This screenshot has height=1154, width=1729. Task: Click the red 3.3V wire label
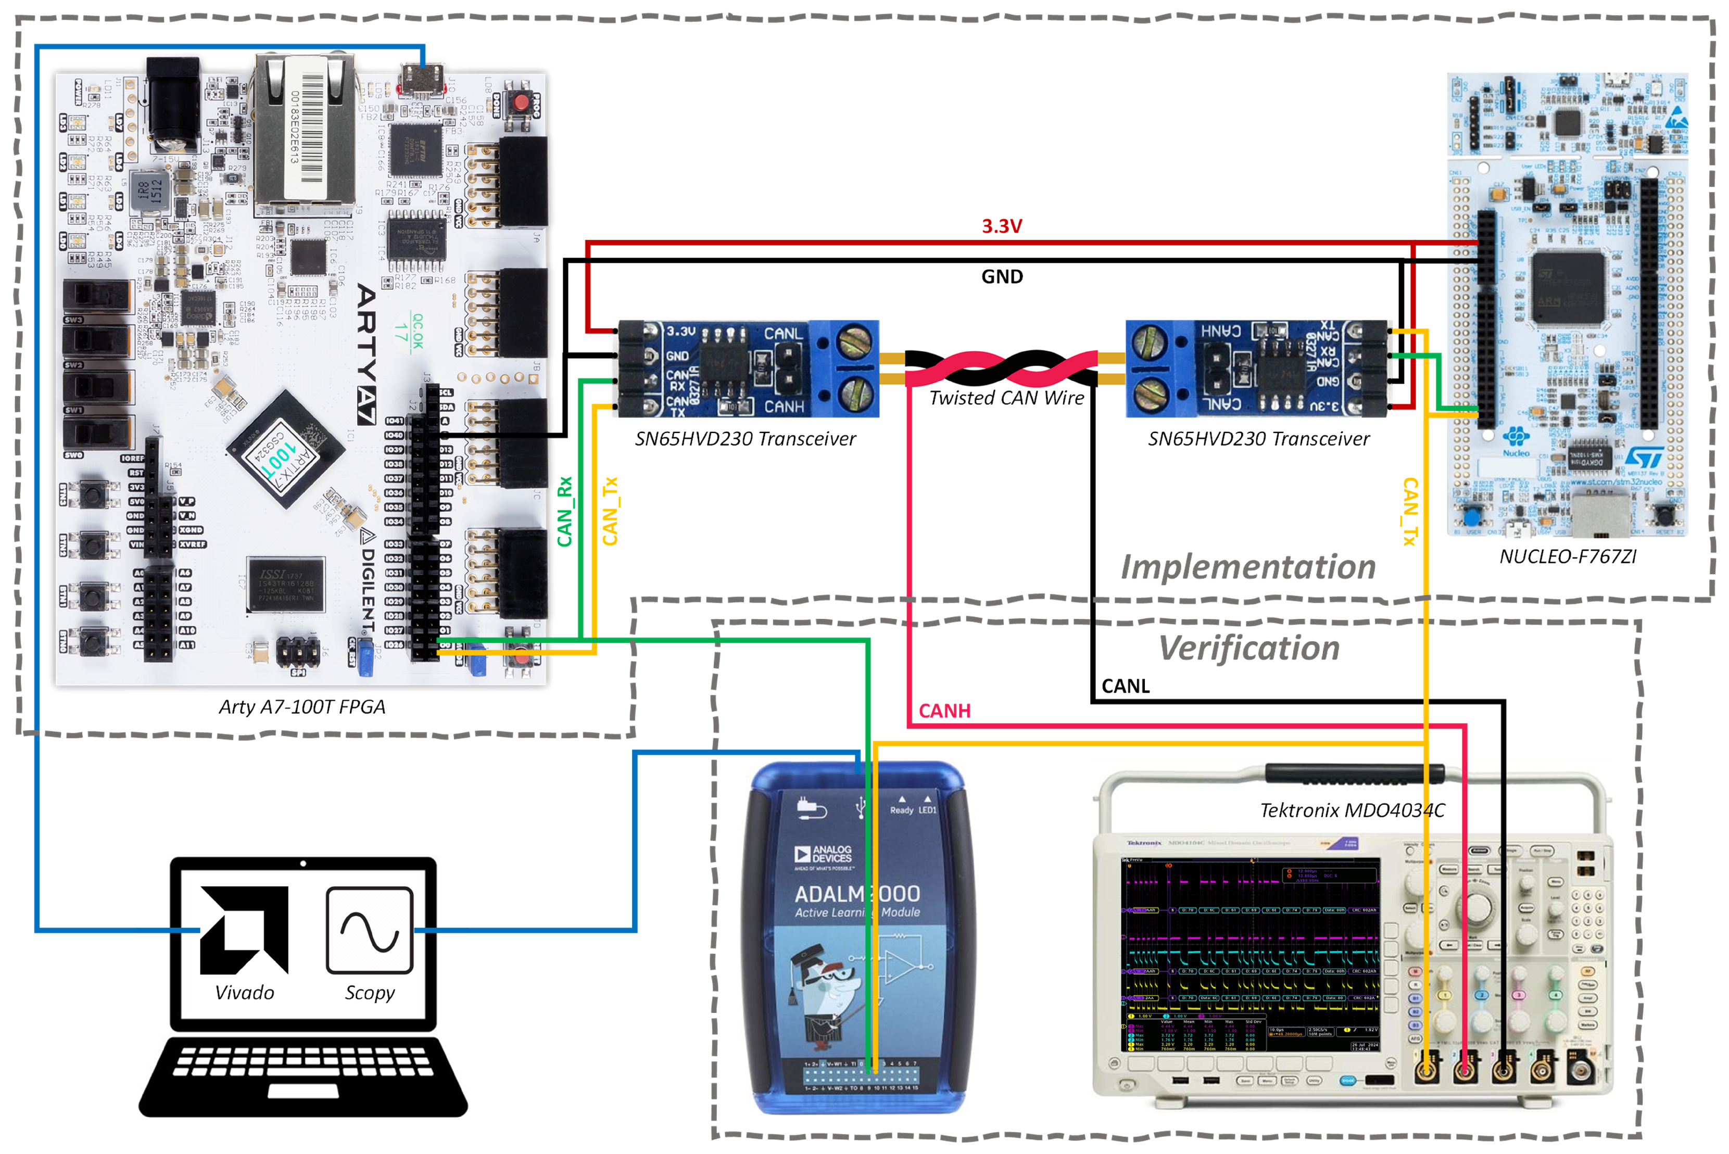(x=1001, y=226)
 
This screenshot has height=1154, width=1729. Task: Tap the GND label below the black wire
(x=1002, y=277)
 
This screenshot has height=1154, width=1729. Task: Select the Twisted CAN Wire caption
(x=1006, y=398)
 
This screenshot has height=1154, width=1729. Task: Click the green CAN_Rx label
(x=564, y=512)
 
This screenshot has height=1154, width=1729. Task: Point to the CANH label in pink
(x=944, y=711)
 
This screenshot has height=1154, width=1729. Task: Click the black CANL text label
(x=1125, y=686)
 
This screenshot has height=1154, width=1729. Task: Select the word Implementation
(x=1247, y=567)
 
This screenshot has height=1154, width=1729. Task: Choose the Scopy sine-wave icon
(x=370, y=930)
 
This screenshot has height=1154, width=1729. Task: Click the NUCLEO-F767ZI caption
(x=1568, y=556)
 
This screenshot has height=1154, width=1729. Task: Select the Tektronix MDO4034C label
(x=1352, y=810)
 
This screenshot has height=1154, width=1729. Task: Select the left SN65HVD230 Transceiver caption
(x=745, y=439)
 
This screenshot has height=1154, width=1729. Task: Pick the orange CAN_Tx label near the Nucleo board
(x=1409, y=512)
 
